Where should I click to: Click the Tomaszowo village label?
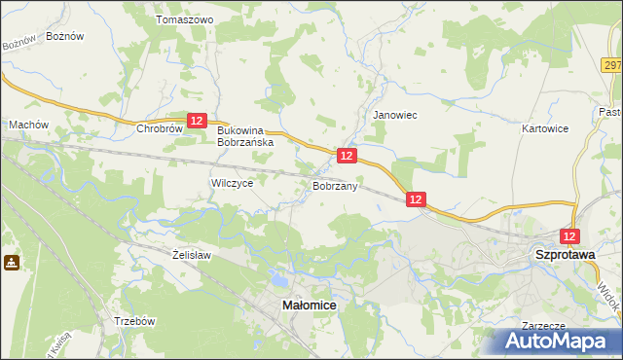(x=184, y=19)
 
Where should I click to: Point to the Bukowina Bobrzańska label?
(x=245, y=135)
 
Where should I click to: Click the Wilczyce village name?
(x=232, y=183)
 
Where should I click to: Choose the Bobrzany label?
(x=335, y=185)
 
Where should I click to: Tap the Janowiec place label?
(x=395, y=115)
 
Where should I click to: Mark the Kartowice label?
(x=544, y=128)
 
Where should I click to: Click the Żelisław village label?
(x=192, y=254)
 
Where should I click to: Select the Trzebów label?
(x=133, y=320)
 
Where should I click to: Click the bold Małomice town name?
(x=310, y=305)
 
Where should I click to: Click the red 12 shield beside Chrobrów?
(x=198, y=120)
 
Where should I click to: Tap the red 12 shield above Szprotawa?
(x=570, y=236)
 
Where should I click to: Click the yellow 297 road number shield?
(x=611, y=65)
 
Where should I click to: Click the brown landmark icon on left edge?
(x=11, y=263)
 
